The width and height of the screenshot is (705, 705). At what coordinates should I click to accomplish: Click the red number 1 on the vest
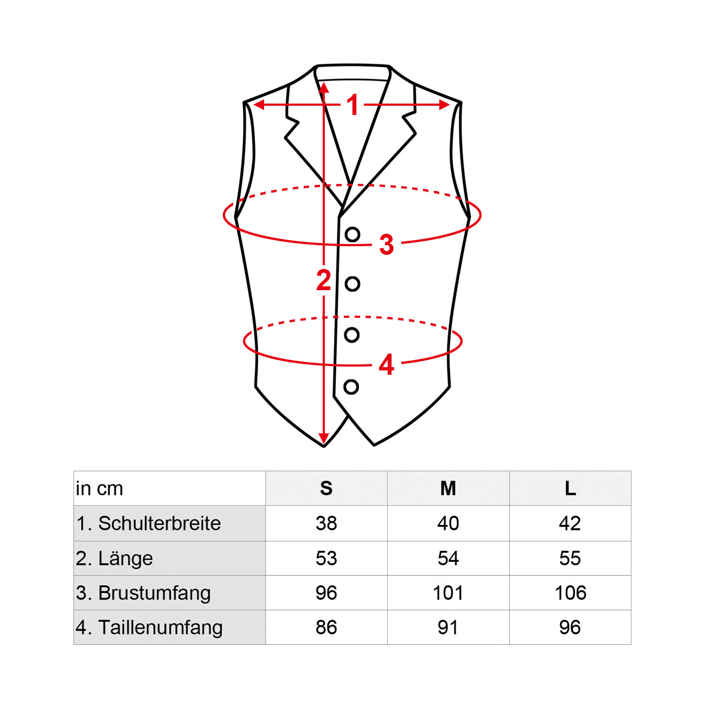click(x=353, y=105)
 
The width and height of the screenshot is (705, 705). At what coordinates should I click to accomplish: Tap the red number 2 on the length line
click(x=324, y=280)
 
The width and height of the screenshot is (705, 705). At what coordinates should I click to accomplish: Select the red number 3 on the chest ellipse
click(x=386, y=244)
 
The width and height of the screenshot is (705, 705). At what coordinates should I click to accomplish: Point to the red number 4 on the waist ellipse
click(x=386, y=365)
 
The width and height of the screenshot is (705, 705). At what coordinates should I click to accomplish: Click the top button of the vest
click(x=352, y=234)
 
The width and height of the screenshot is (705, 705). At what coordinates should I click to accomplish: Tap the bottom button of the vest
click(x=351, y=387)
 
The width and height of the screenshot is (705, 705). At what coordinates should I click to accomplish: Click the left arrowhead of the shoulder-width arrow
click(x=259, y=105)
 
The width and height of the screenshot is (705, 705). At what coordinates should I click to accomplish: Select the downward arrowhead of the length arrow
click(x=323, y=438)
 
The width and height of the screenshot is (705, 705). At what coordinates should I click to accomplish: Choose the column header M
click(x=448, y=489)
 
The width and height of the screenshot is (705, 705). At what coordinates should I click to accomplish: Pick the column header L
click(x=571, y=489)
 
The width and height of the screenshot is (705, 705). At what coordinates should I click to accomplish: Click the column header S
click(x=326, y=489)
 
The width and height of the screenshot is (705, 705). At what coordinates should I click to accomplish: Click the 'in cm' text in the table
click(x=99, y=489)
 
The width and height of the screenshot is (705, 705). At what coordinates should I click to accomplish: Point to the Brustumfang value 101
click(x=448, y=593)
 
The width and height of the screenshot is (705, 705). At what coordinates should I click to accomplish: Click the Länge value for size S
click(x=326, y=558)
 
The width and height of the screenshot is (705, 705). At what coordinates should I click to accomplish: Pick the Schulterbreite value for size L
click(x=570, y=523)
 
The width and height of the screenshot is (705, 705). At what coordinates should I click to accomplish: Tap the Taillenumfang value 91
click(x=448, y=627)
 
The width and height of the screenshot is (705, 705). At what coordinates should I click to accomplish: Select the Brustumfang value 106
click(x=571, y=593)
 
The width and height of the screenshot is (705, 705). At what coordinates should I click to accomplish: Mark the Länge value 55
click(x=570, y=558)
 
